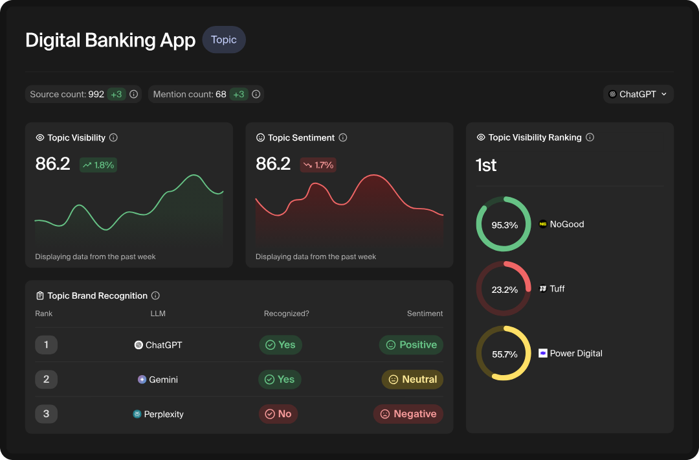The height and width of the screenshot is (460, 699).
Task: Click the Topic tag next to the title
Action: (x=223, y=40)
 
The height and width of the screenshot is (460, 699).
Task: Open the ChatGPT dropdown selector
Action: (x=638, y=94)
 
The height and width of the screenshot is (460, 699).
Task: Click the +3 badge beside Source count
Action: (x=116, y=94)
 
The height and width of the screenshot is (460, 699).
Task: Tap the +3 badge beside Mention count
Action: (x=239, y=94)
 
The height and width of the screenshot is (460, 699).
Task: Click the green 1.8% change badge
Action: (x=98, y=165)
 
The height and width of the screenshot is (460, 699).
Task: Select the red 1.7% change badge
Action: (x=318, y=165)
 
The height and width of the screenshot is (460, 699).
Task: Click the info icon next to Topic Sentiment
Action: (x=343, y=137)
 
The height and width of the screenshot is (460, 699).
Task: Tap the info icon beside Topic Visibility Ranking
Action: (x=590, y=137)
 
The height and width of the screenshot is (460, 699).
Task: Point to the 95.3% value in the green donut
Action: (x=504, y=225)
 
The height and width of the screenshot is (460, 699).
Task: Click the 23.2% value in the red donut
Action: (x=504, y=290)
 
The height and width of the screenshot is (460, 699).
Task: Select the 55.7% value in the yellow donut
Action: (x=504, y=354)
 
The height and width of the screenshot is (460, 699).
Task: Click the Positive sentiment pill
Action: (x=411, y=345)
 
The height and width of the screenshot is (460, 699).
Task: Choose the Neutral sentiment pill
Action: (x=412, y=380)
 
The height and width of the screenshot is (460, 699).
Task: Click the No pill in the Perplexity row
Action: (x=278, y=414)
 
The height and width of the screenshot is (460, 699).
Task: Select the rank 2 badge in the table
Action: (x=46, y=380)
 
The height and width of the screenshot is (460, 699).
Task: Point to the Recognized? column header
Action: (x=286, y=314)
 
